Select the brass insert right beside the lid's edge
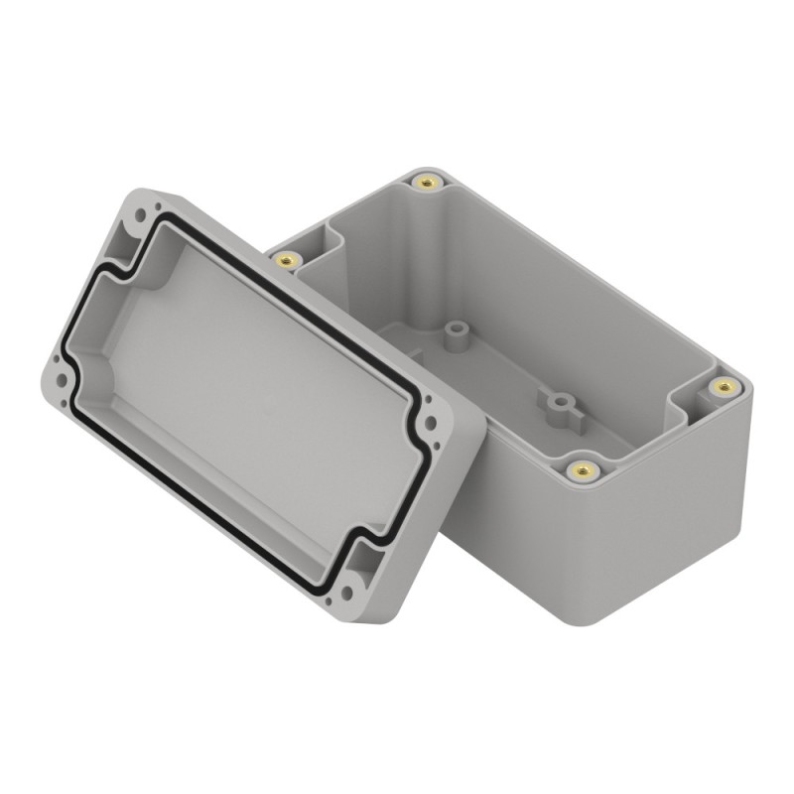[x=289, y=261]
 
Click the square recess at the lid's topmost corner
[x=128, y=238]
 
